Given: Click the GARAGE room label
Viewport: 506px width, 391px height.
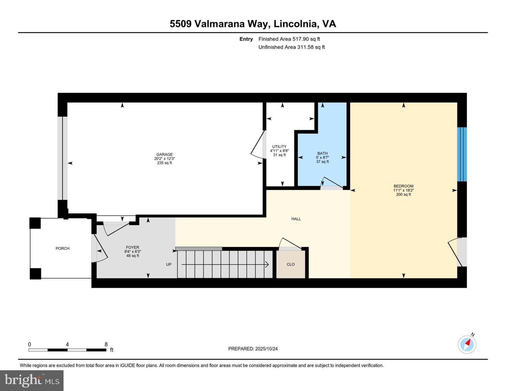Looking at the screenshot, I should pyautogui.click(x=164, y=155).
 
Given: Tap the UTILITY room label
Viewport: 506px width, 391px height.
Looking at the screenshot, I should pyautogui.click(x=279, y=146).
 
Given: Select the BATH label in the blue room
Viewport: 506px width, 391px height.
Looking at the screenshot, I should pyautogui.click(x=322, y=153).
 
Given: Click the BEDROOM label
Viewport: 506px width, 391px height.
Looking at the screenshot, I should pyautogui.click(x=403, y=186).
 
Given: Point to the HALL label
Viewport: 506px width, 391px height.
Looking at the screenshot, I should pyautogui.click(x=296, y=219).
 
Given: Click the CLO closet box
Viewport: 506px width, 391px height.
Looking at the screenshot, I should pyautogui.click(x=291, y=265).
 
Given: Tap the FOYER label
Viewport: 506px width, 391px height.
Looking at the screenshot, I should pyautogui.click(x=132, y=247).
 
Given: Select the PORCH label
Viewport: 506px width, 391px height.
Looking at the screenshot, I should pyautogui.click(x=63, y=248).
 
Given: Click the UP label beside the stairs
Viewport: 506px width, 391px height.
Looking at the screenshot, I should pyautogui.click(x=169, y=265).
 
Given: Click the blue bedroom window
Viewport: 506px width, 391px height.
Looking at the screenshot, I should pyautogui.click(x=462, y=154).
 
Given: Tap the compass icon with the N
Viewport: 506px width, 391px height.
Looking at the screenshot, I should pyautogui.click(x=467, y=344).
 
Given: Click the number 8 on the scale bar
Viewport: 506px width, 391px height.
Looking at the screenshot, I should pyautogui.click(x=106, y=344).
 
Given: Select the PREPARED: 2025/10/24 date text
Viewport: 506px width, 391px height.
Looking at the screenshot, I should pyautogui.click(x=253, y=349).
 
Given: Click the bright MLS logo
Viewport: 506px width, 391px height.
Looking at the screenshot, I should pyautogui.click(x=32, y=380).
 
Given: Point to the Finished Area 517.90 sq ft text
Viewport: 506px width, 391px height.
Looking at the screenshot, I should pyautogui.click(x=289, y=39).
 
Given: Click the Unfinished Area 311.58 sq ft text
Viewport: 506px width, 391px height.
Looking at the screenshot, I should pyautogui.click(x=292, y=47).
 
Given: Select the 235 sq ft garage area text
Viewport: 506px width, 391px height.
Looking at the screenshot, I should pyautogui.click(x=164, y=163).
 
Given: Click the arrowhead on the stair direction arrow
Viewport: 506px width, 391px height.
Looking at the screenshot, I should pyautogui.click(x=267, y=265).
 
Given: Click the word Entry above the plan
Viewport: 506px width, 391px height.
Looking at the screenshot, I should pyautogui.click(x=246, y=39).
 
